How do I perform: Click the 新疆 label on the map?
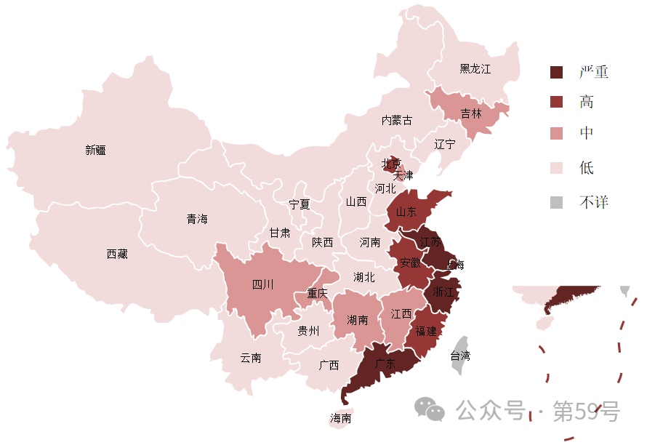pyautogui.click(x=95, y=151)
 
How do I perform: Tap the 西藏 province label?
pyautogui.click(x=117, y=254)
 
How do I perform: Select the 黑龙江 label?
pyautogui.click(x=475, y=69)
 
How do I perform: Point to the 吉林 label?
pyautogui.click(x=471, y=114)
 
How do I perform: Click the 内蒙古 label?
pyautogui.click(x=397, y=120)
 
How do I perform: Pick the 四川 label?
pyautogui.click(x=262, y=285)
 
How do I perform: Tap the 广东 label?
pyautogui.click(x=385, y=365)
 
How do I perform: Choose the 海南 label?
pyautogui.click(x=341, y=419)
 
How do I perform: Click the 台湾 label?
pyautogui.click(x=460, y=356)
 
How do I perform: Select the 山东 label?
pyautogui.click(x=406, y=212)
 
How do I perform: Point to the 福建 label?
pyautogui.click(x=426, y=332)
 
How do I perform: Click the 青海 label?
pyautogui.click(x=197, y=219)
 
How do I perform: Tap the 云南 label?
pyautogui.click(x=251, y=358)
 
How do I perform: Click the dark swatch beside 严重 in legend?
pyautogui.click(x=557, y=72)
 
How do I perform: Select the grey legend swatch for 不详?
pyautogui.click(x=557, y=203)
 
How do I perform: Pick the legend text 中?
pyautogui.click(x=587, y=134)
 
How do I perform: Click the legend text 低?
pyautogui.click(x=587, y=168)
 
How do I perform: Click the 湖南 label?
pyautogui.click(x=358, y=320)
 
